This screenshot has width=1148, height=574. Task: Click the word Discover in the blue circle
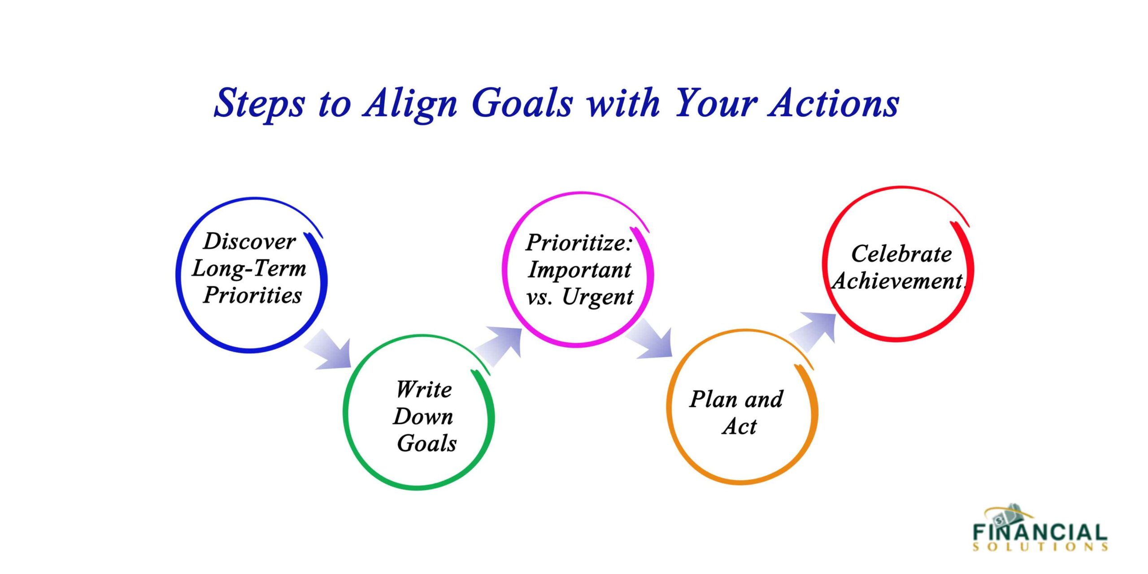coord(249,241)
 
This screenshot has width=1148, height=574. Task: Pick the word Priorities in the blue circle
coord(252,295)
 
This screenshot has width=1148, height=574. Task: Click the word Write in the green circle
coord(424,389)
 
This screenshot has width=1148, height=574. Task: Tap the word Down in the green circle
coord(423,416)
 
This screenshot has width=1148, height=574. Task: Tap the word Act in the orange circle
coord(739,426)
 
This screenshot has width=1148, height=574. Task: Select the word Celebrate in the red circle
coord(901,254)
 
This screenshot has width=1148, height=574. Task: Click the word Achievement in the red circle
coord(898,281)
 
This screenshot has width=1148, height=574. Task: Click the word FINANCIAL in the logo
coord(1040,532)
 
